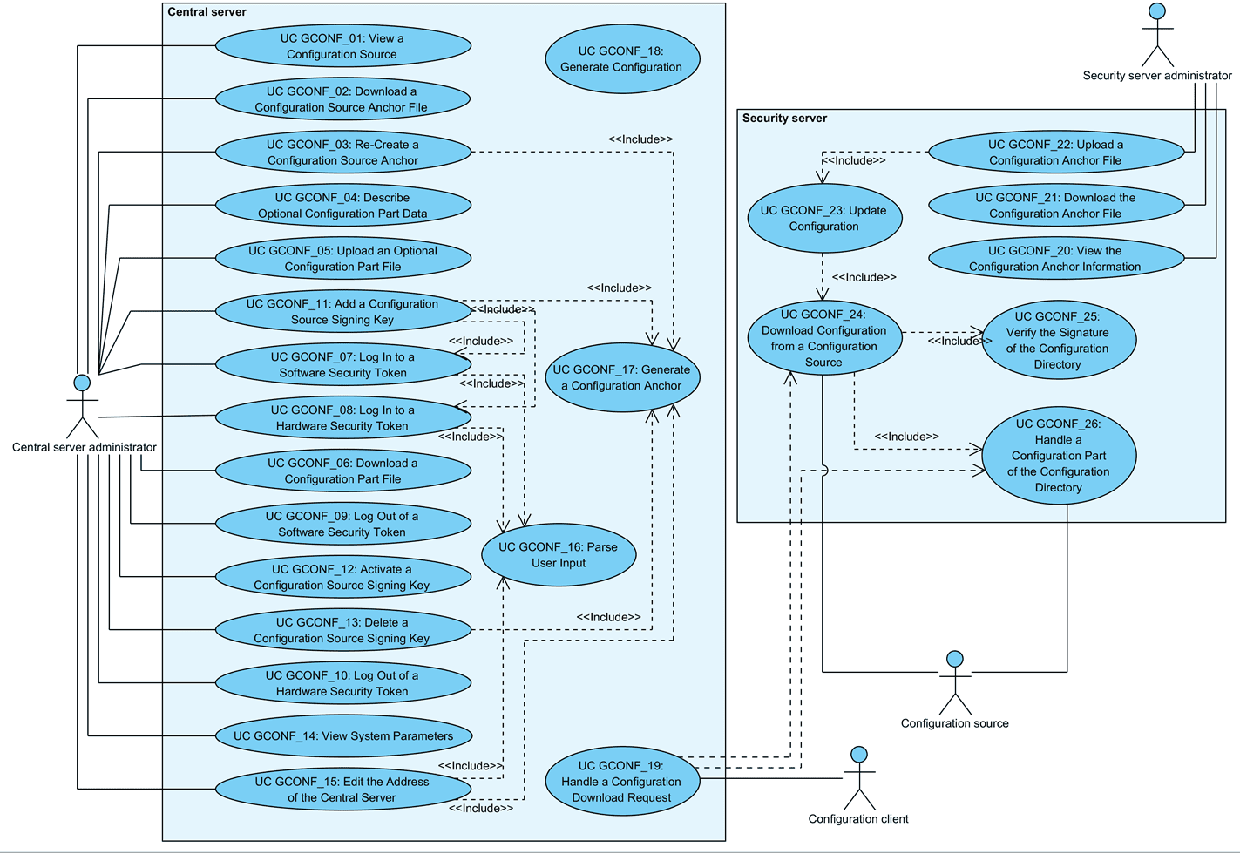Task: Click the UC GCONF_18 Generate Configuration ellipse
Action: tap(621, 59)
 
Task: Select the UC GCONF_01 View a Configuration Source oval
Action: tap(342, 46)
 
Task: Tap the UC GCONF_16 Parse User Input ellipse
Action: tap(559, 555)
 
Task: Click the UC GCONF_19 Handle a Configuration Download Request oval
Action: tap(622, 782)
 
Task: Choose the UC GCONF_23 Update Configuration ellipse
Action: tap(823, 219)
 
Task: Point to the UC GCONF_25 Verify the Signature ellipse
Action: tap(1058, 340)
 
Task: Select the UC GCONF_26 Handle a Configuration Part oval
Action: tap(1059, 456)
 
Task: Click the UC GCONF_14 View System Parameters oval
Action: tap(342, 735)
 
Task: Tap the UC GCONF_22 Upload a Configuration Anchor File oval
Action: tap(1056, 152)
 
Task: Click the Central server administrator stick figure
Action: tap(83, 407)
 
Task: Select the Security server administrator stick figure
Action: tap(1157, 36)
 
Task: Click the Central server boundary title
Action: tap(207, 12)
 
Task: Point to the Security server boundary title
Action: tap(784, 119)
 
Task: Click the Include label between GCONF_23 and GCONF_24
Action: tap(864, 277)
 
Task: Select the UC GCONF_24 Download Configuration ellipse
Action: tap(823, 338)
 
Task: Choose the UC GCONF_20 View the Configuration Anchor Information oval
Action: tap(1056, 259)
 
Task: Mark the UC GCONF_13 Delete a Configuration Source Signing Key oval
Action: tap(342, 630)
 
